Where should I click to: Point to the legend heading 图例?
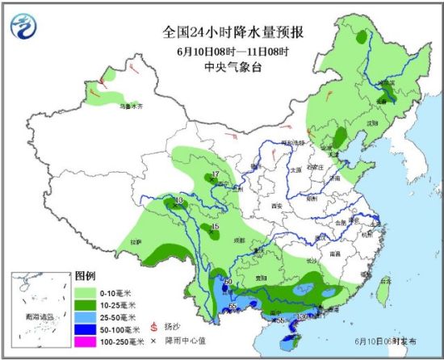pos(85,276)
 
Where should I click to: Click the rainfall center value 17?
pos(216,175)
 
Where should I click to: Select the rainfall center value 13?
pos(179,199)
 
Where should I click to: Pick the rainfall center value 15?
pos(214,227)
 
